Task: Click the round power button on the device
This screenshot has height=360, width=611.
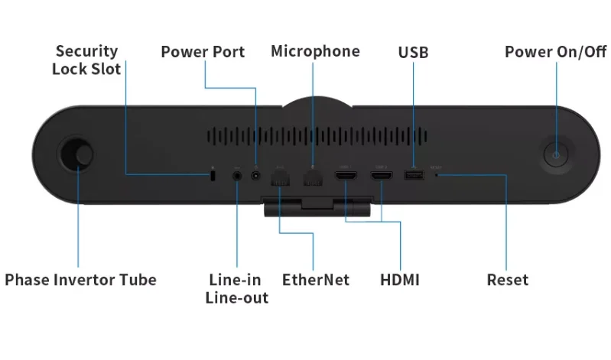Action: (556, 154)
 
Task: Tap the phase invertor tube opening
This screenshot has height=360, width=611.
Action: (76, 153)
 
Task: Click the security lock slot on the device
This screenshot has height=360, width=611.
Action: (213, 176)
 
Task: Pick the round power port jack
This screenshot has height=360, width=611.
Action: (255, 176)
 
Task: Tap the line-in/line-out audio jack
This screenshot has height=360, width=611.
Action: (236, 176)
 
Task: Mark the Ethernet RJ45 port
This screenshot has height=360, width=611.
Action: (280, 177)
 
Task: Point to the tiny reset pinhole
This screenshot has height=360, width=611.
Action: (437, 175)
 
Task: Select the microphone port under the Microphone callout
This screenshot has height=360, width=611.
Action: (312, 177)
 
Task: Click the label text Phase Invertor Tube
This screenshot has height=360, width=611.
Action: (80, 280)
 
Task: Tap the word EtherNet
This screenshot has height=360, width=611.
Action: (315, 280)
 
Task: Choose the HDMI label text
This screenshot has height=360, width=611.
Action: (399, 280)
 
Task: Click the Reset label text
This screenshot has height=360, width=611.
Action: (507, 280)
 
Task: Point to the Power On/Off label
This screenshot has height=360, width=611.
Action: (555, 52)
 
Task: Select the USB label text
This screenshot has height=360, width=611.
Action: (413, 53)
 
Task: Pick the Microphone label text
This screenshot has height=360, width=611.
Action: (315, 51)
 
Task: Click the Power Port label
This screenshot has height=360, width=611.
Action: (203, 52)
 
